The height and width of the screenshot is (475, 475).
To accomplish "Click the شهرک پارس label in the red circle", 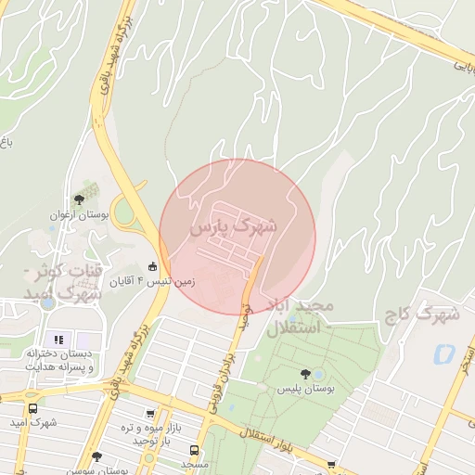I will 233,225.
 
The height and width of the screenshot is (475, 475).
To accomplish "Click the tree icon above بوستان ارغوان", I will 79,199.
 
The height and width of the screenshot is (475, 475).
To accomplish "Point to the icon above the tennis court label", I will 153,267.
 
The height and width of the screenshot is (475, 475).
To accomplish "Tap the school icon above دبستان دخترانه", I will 58,340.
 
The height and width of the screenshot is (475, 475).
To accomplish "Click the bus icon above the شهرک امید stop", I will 33,408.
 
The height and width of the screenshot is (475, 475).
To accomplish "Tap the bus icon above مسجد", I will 194,450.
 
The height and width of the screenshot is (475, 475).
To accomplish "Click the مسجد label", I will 195,463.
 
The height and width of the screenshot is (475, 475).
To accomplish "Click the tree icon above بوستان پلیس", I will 305,374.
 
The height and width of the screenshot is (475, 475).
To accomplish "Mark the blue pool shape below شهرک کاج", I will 443,353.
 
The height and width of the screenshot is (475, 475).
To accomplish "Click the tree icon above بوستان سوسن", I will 96,456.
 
